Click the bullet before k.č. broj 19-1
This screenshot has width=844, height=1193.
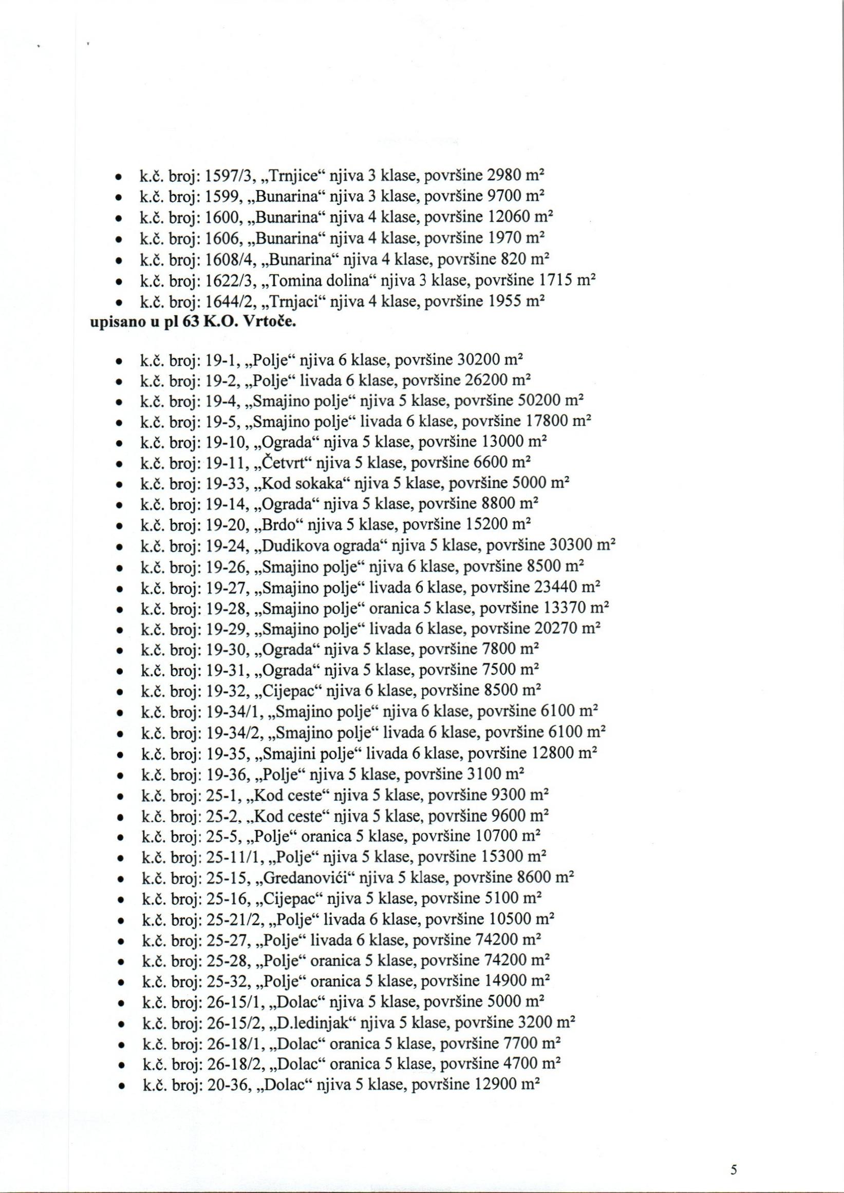[x=120, y=359]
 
